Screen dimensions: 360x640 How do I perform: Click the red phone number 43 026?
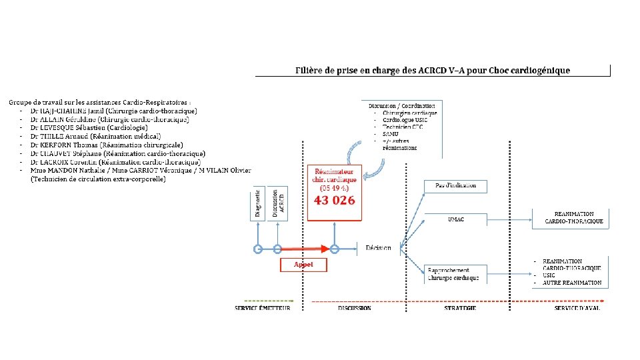(x=334, y=200)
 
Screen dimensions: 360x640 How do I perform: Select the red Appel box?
(x=303, y=265)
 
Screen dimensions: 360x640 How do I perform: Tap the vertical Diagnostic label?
(x=258, y=203)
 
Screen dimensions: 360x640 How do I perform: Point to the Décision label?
(x=379, y=249)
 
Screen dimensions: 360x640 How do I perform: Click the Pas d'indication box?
(x=456, y=185)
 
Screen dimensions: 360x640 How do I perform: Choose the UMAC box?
(x=456, y=219)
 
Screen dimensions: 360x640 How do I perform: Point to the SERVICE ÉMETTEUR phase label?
(x=263, y=308)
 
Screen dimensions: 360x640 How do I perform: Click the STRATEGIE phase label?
(x=461, y=308)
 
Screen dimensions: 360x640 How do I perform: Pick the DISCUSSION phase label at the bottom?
(x=355, y=308)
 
